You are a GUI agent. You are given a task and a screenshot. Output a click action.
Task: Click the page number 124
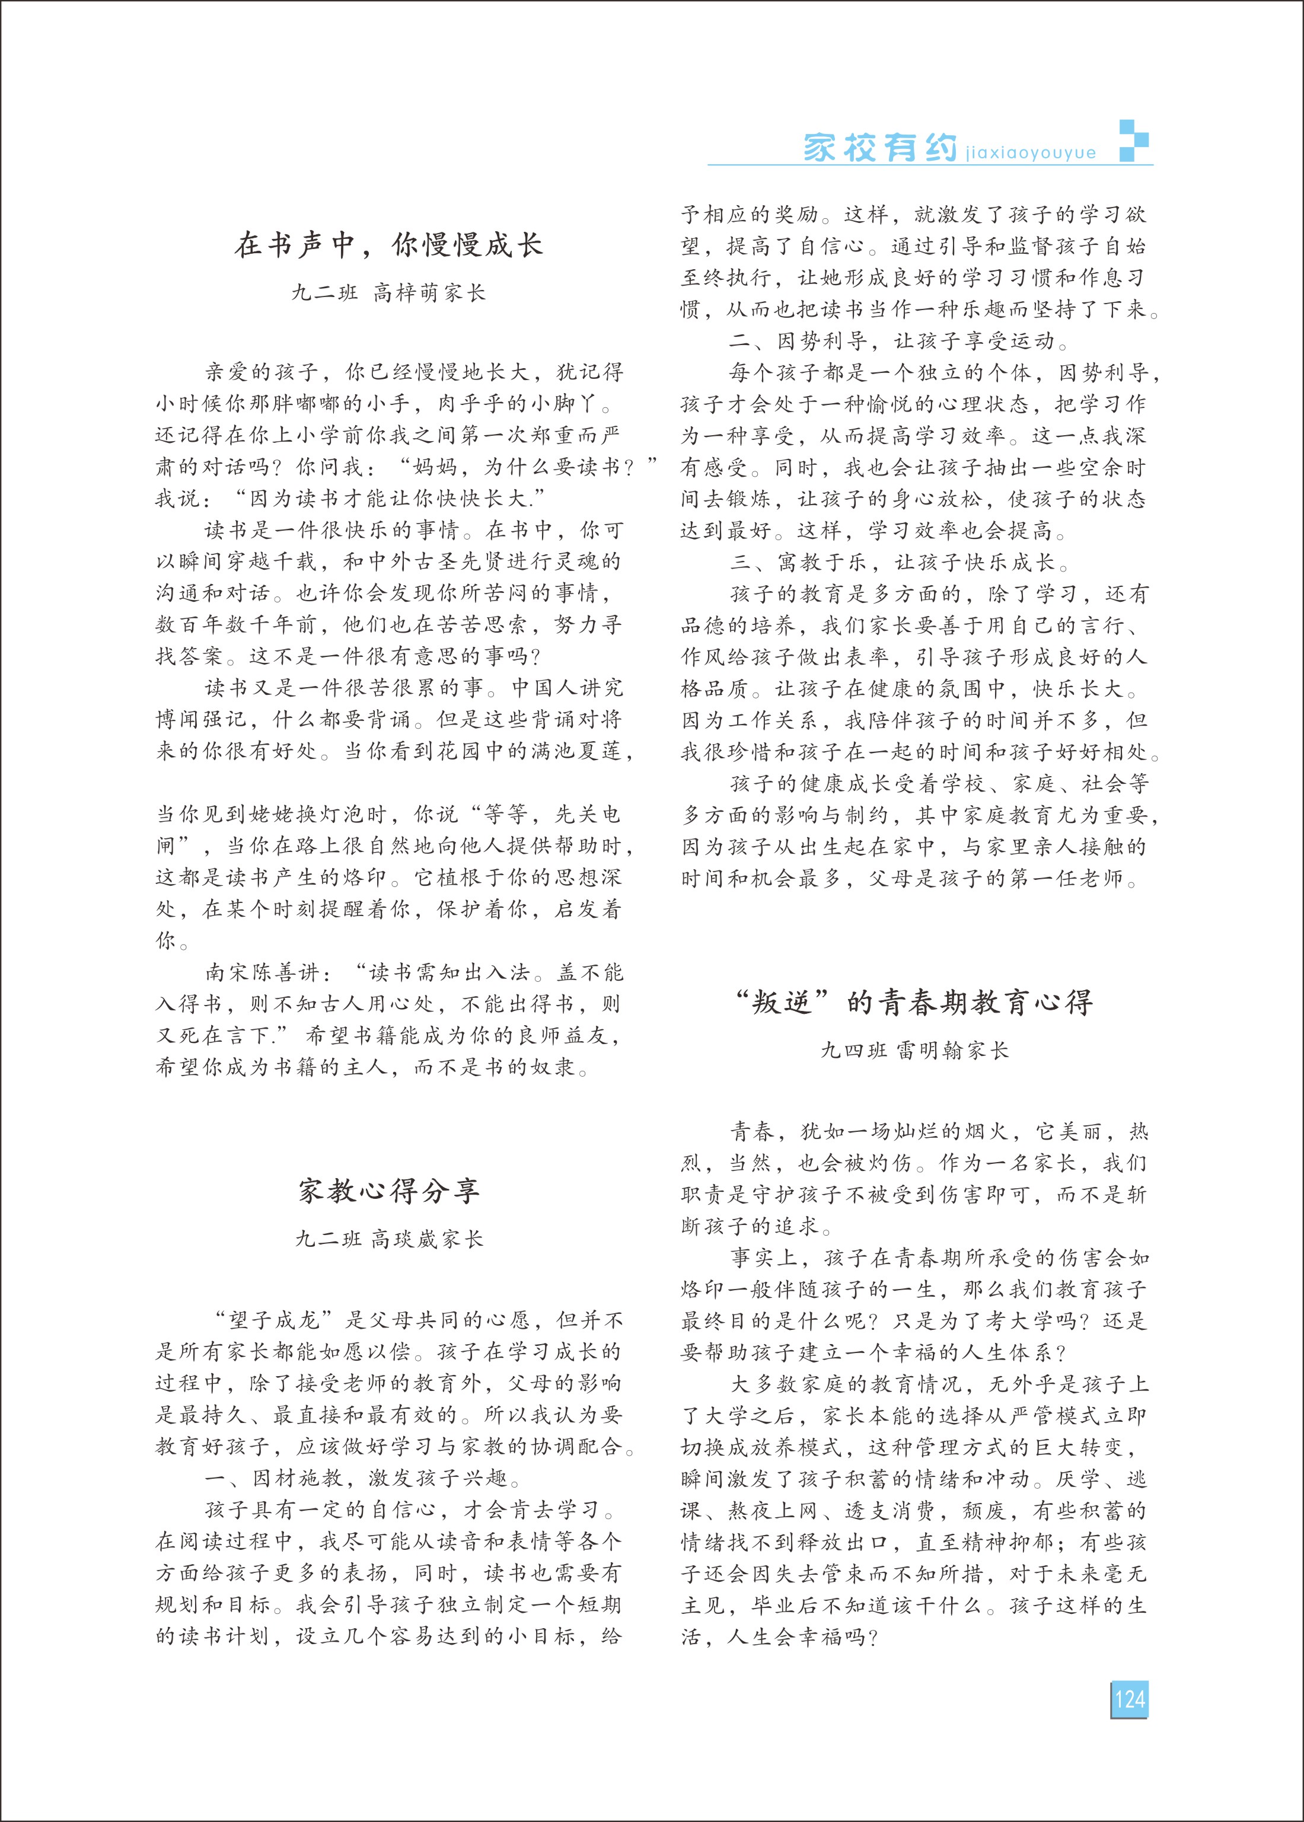[x=1129, y=1699]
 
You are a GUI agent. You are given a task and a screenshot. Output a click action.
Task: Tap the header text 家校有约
[x=880, y=148]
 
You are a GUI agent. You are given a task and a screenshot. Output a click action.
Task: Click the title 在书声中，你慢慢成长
[x=388, y=245]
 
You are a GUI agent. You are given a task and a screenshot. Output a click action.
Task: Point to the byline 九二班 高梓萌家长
[x=388, y=293]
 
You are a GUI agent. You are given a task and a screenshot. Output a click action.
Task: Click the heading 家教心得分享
[x=388, y=1191]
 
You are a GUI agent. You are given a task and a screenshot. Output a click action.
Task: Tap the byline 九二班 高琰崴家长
[x=388, y=1239]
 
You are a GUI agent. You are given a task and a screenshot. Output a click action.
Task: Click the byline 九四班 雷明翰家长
[x=914, y=1051]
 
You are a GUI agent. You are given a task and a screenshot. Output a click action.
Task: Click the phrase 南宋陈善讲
[x=262, y=973]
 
